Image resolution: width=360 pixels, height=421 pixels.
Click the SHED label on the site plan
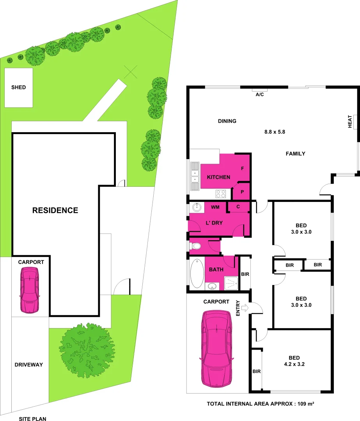19,87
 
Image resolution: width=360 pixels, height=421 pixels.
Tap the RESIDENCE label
55,210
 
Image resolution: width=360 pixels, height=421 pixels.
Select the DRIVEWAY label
28,365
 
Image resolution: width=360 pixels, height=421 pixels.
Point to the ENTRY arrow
245,308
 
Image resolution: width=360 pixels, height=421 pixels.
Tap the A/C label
260,95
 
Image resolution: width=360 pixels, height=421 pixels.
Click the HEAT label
350,122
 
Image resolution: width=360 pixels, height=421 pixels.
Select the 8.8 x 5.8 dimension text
275,132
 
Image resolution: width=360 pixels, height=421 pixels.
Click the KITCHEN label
218,177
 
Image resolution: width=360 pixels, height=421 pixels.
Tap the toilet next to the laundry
195,246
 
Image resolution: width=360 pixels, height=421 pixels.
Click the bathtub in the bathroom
196,273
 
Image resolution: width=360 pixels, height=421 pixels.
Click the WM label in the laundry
215,207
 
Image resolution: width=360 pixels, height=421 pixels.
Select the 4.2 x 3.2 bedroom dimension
294,365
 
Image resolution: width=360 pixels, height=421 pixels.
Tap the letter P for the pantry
242,192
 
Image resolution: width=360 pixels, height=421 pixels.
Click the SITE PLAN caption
33,419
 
